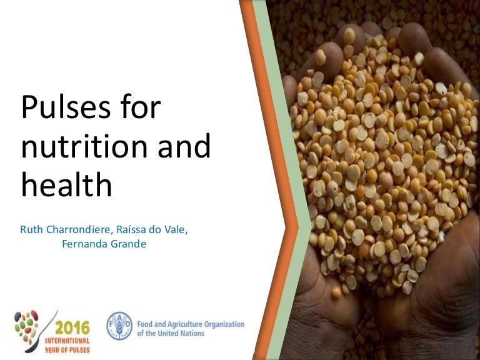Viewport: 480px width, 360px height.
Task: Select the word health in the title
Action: pyautogui.click(x=66, y=186)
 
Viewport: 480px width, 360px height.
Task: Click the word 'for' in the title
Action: pyautogui.click(x=143, y=108)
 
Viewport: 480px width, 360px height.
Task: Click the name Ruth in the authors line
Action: pyautogui.click(x=32, y=230)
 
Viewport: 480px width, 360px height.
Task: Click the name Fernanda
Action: pyautogui.click(x=85, y=244)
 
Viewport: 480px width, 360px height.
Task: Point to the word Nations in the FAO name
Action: pyautogui.click(x=191, y=334)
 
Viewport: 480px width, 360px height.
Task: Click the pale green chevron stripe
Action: pyautogui.click(x=294, y=206)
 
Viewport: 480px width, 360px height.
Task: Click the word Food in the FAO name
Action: pyautogui.click(x=145, y=324)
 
